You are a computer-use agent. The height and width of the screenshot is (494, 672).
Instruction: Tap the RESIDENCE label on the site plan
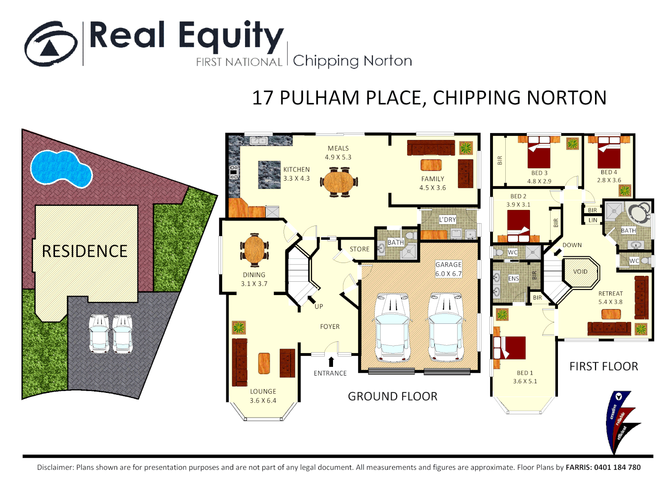(x=85, y=251)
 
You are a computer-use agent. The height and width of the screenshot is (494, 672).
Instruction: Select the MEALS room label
(x=338, y=148)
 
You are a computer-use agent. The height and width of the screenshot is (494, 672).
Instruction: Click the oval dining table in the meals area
(x=339, y=182)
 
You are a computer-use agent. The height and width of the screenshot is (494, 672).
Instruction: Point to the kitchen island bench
(x=269, y=175)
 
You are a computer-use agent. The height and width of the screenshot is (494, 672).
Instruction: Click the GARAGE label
(x=448, y=264)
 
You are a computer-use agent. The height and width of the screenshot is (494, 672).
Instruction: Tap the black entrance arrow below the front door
(x=331, y=362)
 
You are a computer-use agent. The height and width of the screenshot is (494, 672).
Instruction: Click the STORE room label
(x=359, y=249)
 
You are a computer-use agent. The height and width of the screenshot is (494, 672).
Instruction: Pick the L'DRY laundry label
(x=448, y=220)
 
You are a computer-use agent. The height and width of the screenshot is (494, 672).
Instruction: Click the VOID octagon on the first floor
(x=580, y=272)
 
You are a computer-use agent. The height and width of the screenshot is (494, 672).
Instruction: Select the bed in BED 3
(x=539, y=155)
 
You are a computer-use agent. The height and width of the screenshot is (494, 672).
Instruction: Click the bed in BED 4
(x=609, y=154)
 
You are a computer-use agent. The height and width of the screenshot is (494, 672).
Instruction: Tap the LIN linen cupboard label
(x=593, y=220)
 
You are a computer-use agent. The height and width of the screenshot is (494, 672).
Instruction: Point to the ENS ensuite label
(x=514, y=279)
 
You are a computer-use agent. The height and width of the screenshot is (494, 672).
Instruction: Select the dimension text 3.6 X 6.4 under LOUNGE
(x=263, y=401)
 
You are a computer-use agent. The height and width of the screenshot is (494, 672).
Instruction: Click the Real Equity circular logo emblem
(x=51, y=44)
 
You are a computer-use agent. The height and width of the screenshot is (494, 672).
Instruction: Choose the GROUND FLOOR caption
(x=393, y=397)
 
